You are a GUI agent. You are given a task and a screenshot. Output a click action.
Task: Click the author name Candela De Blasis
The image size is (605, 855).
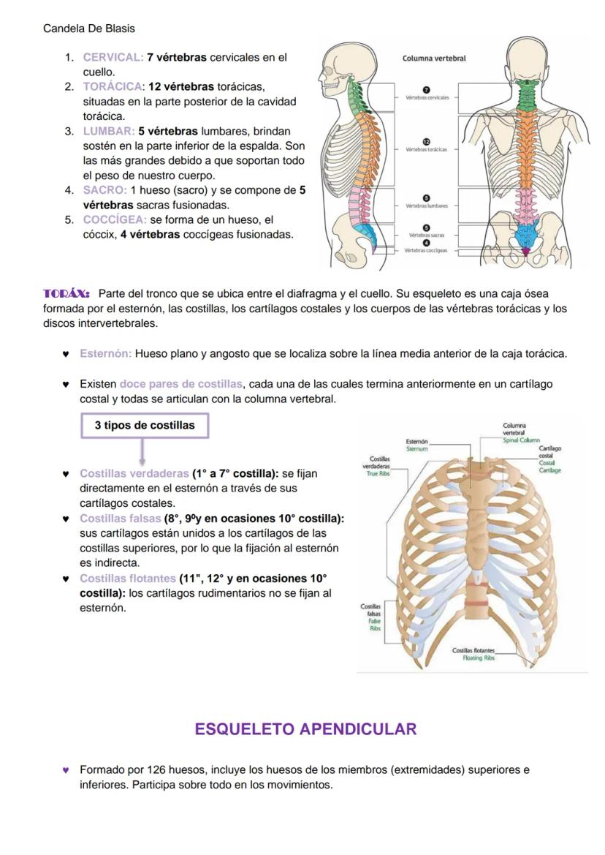(88, 29)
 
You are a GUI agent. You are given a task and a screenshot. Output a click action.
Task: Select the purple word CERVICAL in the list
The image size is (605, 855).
(113, 57)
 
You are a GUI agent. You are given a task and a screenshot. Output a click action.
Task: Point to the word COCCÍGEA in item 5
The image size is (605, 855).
(115, 219)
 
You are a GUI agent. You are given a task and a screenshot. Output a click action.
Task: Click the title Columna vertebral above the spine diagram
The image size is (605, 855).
(434, 59)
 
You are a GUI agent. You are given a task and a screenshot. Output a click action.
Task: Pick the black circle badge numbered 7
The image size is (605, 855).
(427, 88)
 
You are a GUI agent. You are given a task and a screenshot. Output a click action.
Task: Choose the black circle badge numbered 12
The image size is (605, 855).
(427, 140)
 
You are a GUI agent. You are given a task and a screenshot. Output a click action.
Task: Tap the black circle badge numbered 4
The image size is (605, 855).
(427, 243)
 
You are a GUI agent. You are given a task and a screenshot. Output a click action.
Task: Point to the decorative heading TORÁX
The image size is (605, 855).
(66, 293)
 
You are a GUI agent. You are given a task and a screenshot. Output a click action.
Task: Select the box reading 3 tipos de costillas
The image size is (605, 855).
(145, 425)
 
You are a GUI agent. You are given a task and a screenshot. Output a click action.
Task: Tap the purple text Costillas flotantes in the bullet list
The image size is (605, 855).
(127, 578)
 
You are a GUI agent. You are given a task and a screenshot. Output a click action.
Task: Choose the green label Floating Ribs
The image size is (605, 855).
(479, 658)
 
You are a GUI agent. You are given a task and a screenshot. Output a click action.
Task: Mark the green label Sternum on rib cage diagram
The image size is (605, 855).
(417, 449)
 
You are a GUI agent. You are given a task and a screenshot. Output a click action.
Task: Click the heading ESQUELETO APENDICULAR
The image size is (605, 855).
(305, 728)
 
